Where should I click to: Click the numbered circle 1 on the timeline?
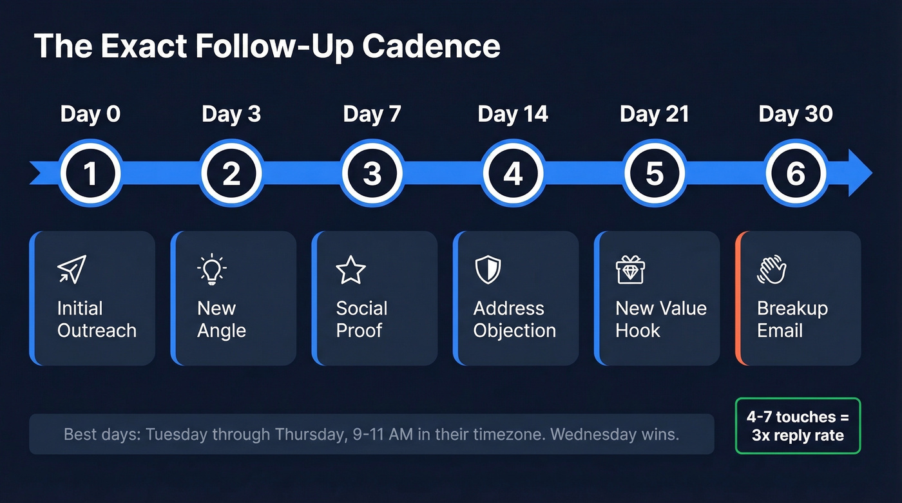[90, 174]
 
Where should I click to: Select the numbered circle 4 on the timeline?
[513, 174]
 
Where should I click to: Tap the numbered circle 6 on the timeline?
[796, 174]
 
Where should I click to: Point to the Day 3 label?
[231, 114]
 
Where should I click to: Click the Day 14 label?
[513, 114]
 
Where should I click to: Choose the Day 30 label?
[796, 114]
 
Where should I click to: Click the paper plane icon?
[72, 269]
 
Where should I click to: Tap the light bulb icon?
[212, 269]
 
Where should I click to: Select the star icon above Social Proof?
[351, 270]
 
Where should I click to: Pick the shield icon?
[488, 269]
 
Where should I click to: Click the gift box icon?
[630, 269]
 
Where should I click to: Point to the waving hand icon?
[771, 269]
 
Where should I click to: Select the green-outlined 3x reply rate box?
[798, 426]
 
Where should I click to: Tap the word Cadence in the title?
[431, 46]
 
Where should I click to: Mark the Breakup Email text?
[792, 319]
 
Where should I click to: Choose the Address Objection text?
[514, 319]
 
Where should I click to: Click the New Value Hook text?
[661, 319]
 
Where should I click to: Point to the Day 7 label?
[372, 114]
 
